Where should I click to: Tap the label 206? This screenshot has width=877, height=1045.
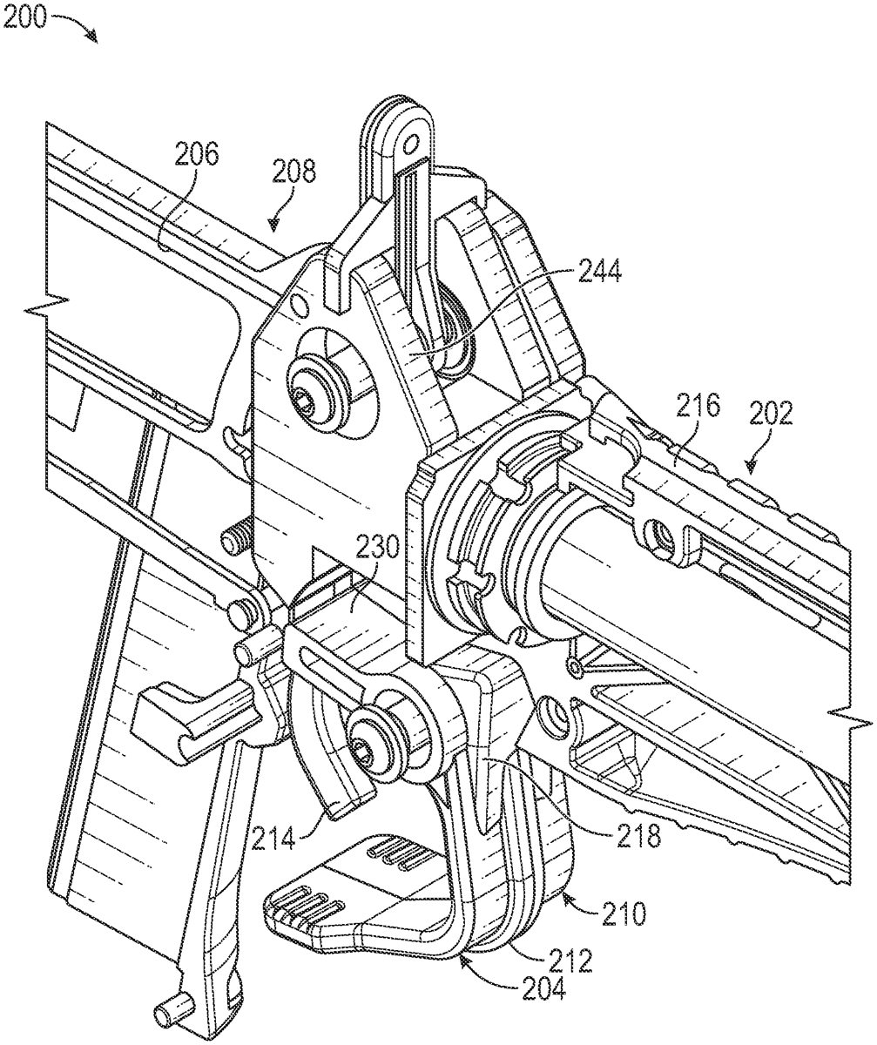click(197, 155)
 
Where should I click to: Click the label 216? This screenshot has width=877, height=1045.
click(698, 407)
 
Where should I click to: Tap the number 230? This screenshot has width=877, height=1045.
click(376, 550)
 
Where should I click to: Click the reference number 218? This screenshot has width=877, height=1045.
click(638, 833)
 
